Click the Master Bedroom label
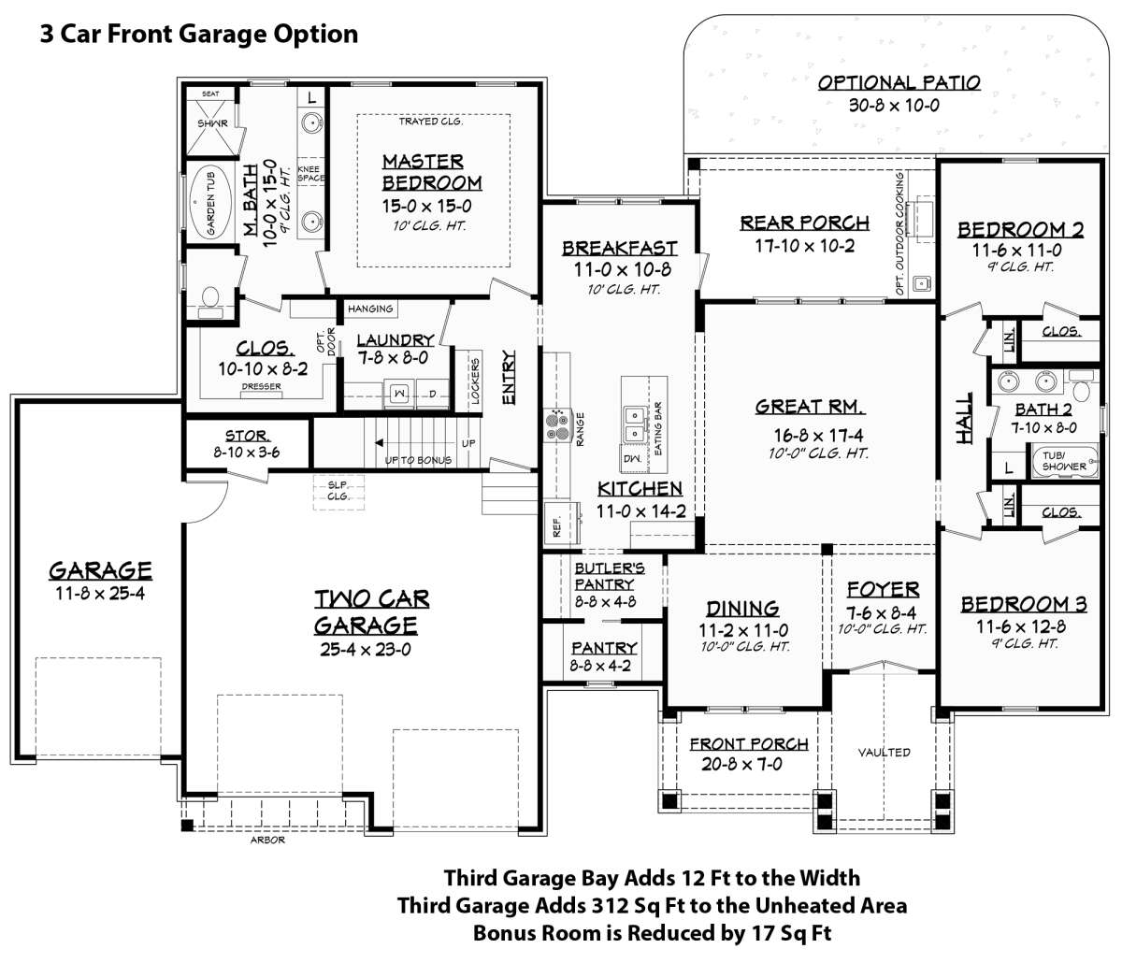(432, 172)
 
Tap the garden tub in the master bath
(210, 204)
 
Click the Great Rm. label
(810, 407)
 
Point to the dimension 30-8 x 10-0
(894, 105)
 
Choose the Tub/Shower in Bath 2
(1064, 461)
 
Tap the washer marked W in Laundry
(399, 395)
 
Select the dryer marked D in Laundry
(433, 395)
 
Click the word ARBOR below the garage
(267, 840)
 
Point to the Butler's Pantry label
(610, 576)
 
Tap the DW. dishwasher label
(632, 459)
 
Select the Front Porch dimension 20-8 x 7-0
(741, 764)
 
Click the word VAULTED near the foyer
(884, 752)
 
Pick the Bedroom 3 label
(1024, 605)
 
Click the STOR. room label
(247, 436)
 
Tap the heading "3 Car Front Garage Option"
(199, 34)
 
